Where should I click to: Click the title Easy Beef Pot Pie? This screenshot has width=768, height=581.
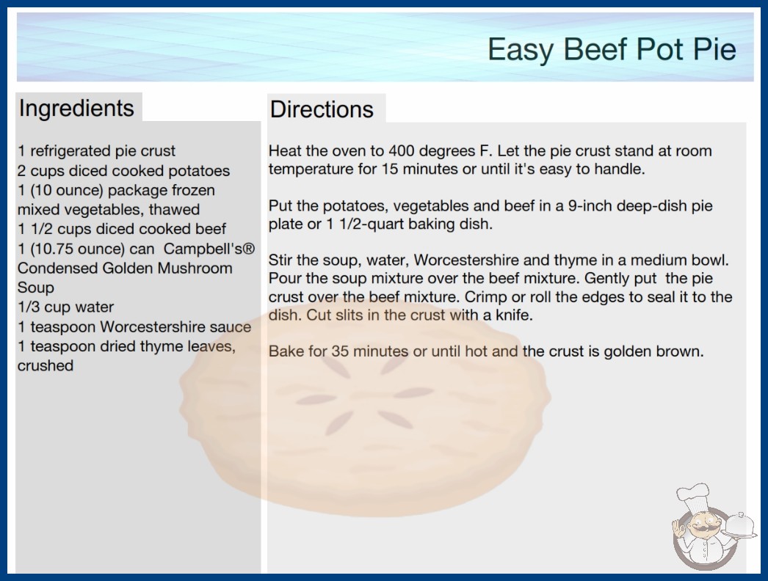tap(612, 49)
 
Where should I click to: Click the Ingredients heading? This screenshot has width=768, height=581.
tap(76, 108)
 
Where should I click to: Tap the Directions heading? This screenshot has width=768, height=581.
tap(322, 109)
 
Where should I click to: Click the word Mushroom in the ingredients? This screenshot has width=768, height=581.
tap(195, 268)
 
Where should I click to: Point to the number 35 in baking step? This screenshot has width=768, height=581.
tap(340, 351)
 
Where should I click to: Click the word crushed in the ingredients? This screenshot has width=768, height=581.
tap(45, 365)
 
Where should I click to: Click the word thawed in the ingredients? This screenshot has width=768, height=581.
tap(174, 210)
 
